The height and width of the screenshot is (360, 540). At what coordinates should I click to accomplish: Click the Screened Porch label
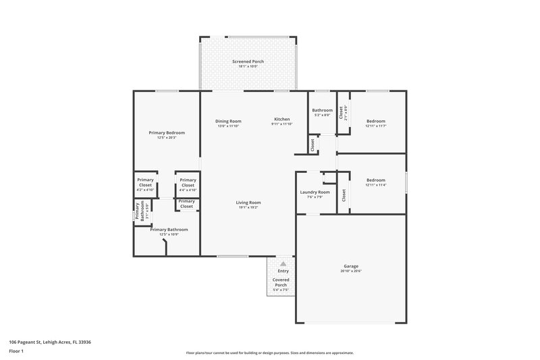(248, 61)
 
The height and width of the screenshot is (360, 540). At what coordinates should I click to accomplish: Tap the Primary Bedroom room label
(167, 132)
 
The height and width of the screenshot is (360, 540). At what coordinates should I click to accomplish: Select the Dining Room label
(229, 121)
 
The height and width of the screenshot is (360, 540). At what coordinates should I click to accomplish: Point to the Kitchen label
(281, 119)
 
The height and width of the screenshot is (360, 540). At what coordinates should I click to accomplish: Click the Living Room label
(248, 203)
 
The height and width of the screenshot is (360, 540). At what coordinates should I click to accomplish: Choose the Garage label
(351, 266)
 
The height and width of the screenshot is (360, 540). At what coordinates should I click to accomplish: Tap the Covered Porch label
(280, 282)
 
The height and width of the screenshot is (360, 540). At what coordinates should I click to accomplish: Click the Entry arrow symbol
(283, 264)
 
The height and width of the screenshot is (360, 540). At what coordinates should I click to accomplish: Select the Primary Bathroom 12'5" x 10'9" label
(169, 230)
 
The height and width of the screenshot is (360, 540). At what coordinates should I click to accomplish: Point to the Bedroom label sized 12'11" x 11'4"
(375, 180)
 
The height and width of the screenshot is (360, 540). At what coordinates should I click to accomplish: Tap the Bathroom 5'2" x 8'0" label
(322, 110)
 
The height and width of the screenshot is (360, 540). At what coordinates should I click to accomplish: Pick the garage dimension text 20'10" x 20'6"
(351, 271)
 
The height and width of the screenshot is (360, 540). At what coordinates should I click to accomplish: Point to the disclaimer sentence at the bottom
(269, 353)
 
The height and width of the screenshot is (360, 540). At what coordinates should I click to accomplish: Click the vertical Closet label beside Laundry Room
(344, 195)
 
